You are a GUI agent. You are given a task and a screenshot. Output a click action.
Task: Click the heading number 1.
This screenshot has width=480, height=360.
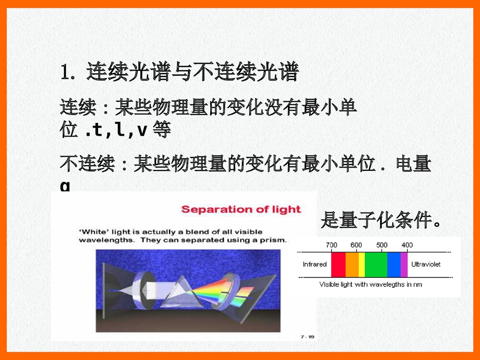click(66, 72)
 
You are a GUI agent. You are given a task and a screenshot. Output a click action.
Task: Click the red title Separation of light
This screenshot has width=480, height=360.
click(241, 209)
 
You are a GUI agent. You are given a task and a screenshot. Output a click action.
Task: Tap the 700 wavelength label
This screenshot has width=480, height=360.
click(331, 245)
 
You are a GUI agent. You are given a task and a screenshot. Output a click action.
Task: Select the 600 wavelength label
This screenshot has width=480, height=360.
click(356, 245)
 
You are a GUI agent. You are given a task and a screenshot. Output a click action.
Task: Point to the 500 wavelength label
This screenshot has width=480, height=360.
click(382, 245)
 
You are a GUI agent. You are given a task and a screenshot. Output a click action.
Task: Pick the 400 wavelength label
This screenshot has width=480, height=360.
click(407, 245)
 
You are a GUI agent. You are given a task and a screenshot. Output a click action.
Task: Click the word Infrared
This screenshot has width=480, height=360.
click(314, 264)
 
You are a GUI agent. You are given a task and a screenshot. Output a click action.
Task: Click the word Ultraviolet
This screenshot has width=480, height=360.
click(426, 264)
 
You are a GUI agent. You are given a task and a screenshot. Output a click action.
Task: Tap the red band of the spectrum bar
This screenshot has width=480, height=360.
click(338, 264)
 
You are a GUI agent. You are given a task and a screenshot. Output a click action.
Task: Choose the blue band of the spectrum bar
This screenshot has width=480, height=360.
click(394, 264)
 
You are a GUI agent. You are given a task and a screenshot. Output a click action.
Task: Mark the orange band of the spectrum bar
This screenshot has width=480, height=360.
click(352, 264)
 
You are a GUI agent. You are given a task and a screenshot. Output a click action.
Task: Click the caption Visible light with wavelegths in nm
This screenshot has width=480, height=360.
click(371, 285)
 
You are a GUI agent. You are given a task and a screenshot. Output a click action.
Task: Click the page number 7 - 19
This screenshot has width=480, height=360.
click(307, 337)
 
